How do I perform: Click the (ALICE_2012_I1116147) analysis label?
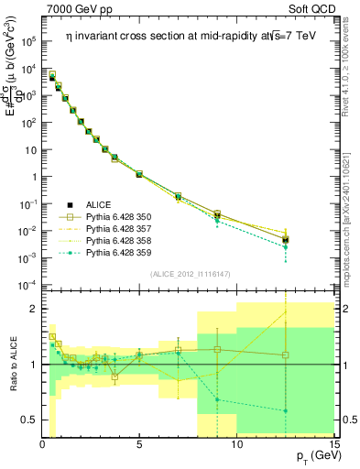tap(188, 274)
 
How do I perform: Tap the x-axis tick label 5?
tap(139, 444)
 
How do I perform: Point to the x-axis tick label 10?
tap(236, 444)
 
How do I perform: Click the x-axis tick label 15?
tap(333, 444)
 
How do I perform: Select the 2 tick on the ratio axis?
tap(34, 309)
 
